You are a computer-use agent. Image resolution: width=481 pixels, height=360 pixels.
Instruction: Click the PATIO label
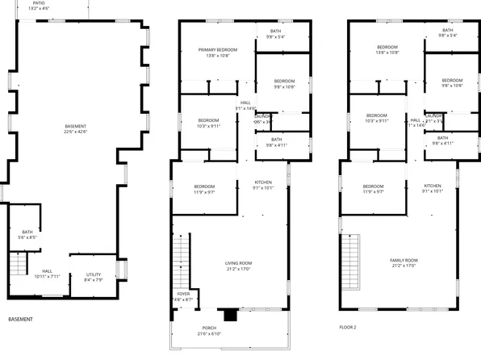39,6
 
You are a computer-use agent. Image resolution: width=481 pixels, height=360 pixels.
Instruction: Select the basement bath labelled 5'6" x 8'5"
27,235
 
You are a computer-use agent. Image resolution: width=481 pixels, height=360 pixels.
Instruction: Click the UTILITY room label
94,278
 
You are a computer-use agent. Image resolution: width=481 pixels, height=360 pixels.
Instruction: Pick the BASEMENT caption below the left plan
20,320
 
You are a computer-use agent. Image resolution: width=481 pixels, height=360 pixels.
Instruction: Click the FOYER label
182,296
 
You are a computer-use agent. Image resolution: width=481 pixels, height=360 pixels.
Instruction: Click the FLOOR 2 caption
348,328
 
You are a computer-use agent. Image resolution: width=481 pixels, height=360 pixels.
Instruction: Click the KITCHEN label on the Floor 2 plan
433,188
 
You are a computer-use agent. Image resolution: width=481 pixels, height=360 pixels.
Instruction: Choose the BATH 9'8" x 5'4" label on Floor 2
447,32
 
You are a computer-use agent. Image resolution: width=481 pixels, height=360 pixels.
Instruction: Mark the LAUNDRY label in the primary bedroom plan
264,119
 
